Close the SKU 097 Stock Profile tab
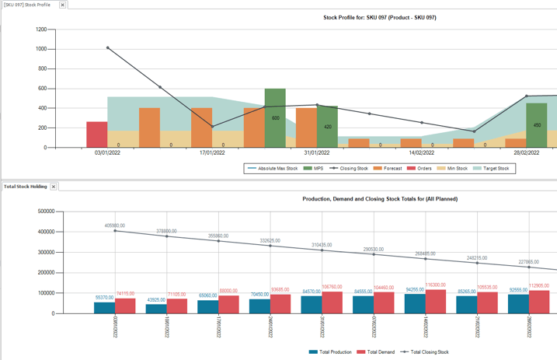point(63,5)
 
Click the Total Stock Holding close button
point(54,187)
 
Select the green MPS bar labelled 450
point(537,125)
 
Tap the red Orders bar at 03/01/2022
point(97,134)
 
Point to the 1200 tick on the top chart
point(40,30)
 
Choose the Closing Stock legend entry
point(349,168)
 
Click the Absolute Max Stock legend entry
point(273,168)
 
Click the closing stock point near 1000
point(108,48)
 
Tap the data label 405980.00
point(115,225)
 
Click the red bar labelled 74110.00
point(125,306)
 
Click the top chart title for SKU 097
point(380,17)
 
